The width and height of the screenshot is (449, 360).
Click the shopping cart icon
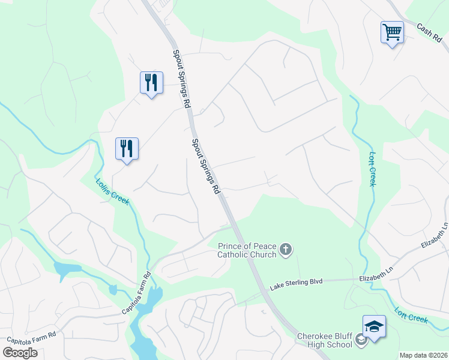click(x=392, y=32)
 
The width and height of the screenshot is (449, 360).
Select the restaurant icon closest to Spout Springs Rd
click(x=151, y=82)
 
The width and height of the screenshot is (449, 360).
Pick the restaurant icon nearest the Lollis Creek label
click(x=127, y=148)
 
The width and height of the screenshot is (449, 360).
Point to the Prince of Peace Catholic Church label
click(x=247, y=250)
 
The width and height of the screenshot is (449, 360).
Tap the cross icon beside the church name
click(x=286, y=249)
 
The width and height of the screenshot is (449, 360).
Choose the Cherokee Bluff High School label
click(x=325, y=340)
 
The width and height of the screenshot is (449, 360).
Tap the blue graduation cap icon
click(x=374, y=326)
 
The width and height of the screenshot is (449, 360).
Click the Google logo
click(x=20, y=353)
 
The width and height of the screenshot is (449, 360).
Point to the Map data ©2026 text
click(x=423, y=355)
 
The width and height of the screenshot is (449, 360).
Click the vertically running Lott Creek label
click(x=372, y=169)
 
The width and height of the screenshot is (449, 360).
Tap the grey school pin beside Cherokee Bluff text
click(x=361, y=341)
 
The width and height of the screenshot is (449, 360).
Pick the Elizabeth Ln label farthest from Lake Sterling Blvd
click(x=435, y=236)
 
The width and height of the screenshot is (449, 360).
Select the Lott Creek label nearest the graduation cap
click(x=411, y=315)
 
